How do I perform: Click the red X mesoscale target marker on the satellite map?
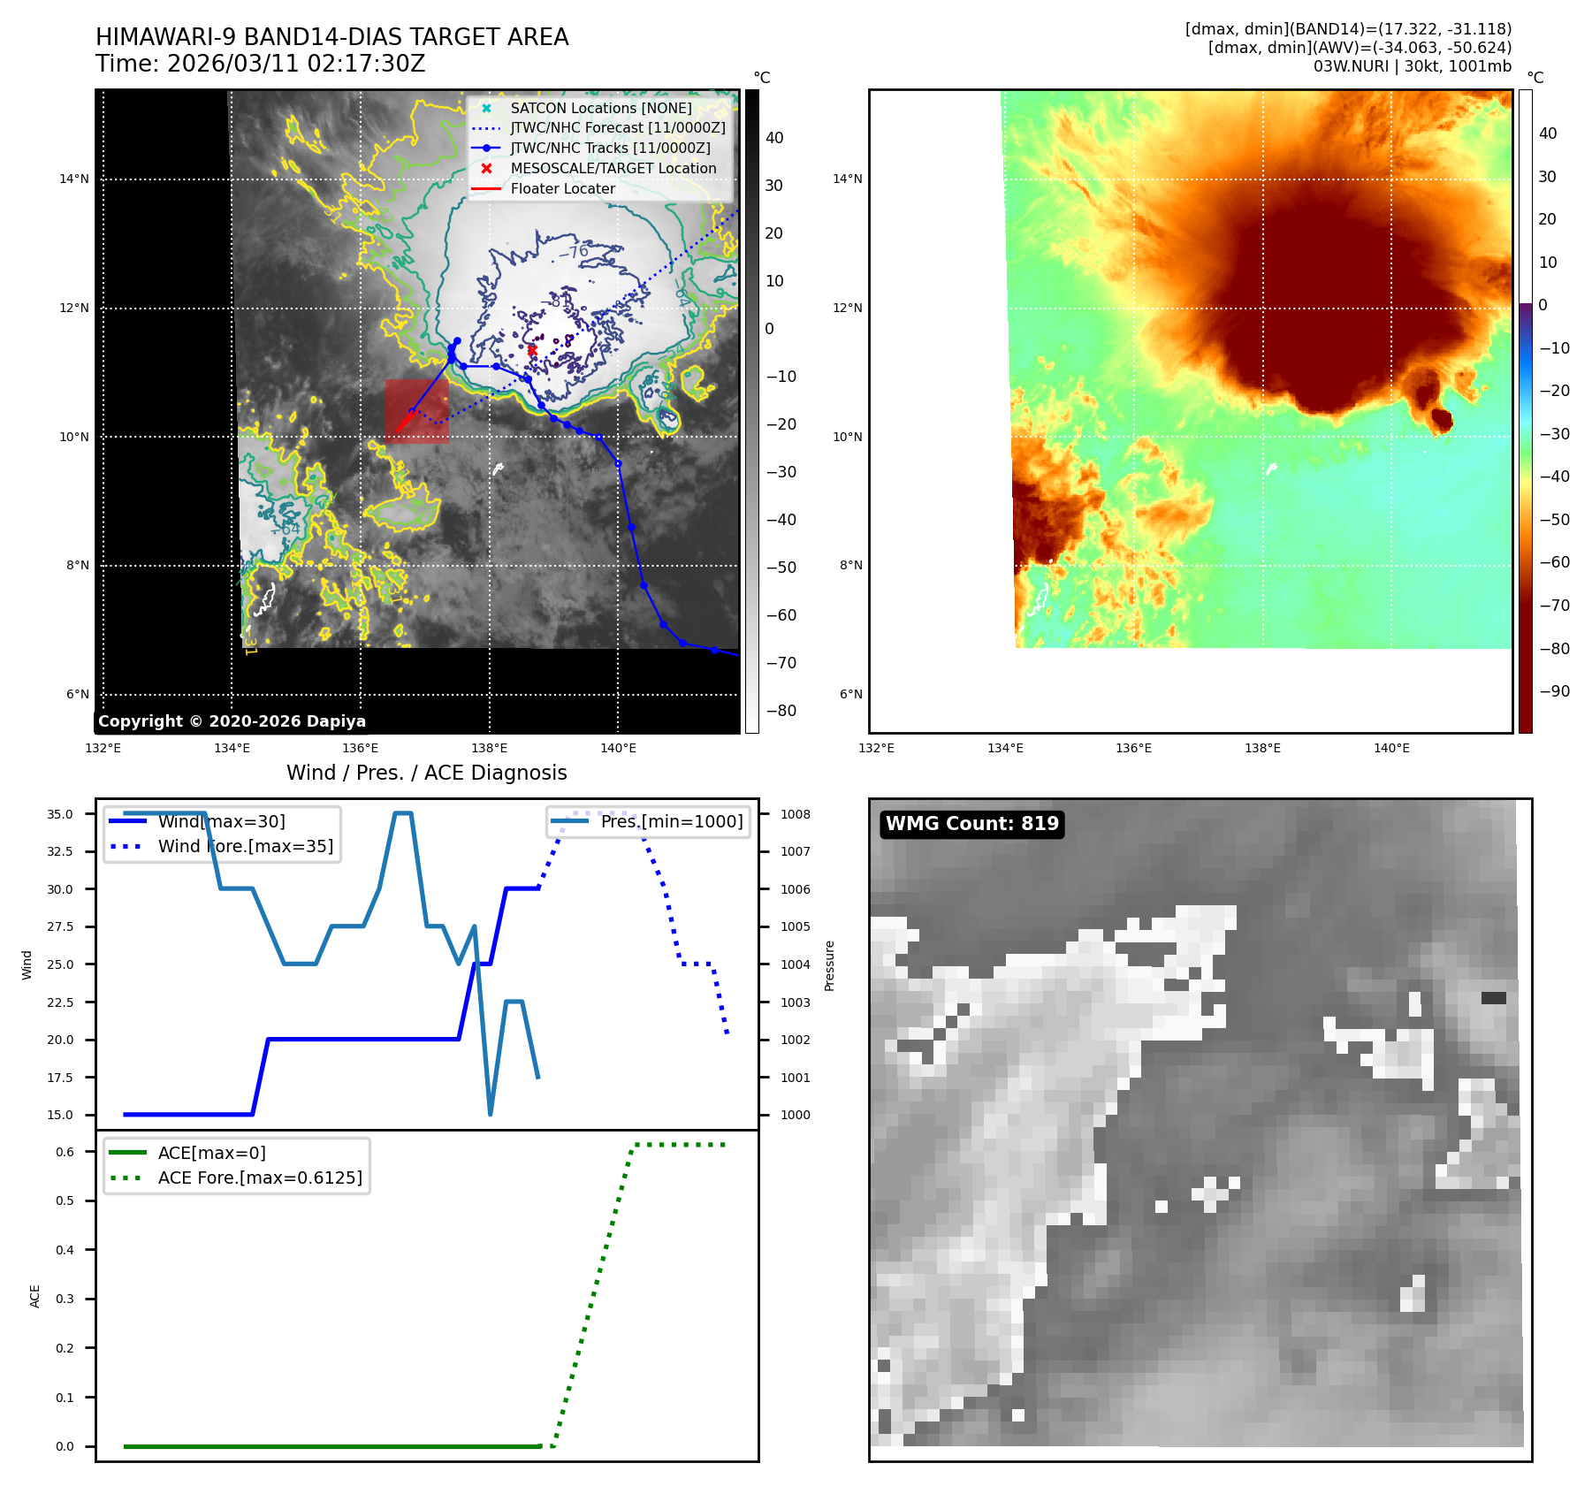pyautogui.click(x=532, y=350)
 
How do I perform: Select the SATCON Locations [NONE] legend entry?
pyautogui.click(x=601, y=108)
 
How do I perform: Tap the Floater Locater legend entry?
pyautogui.click(x=562, y=188)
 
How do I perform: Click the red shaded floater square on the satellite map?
pyautogui.click(x=416, y=411)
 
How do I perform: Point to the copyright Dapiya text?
pyautogui.click(x=232, y=721)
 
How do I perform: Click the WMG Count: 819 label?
pyautogui.click(x=971, y=824)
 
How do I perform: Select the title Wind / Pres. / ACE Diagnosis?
pyautogui.click(x=426, y=773)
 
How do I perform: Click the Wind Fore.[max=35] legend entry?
pyautogui.click(x=245, y=846)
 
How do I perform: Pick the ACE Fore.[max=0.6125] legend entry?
pyautogui.click(x=260, y=1178)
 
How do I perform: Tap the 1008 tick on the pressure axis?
pyautogui.click(x=795, y=814)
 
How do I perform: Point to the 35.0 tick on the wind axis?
pyautogui.click(x=60, y=814)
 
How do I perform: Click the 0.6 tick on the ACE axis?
pyautogui.click(x=65, y=1152)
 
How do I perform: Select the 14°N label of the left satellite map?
pyautogui.click(x=74, y=179)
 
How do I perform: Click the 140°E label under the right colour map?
pyautogui.click(x=1391, y=749)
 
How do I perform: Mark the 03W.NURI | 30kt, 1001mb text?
pyautogui.click(x=1412, y=66)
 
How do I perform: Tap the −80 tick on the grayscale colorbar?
pyautogui.click(x=781, y=711)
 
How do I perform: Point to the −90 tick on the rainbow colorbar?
pyautogui.click(x=1554, y=691)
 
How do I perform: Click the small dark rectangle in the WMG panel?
pyautogui.click(x=1493, y=998)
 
